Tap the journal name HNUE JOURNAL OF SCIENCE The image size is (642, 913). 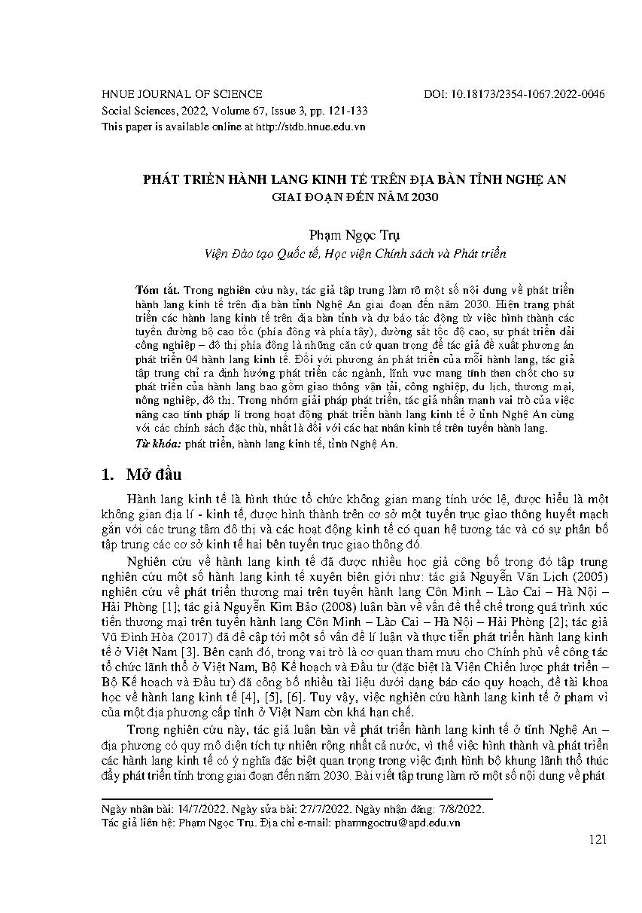[181, 94]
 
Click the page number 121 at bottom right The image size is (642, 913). [598, 840]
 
